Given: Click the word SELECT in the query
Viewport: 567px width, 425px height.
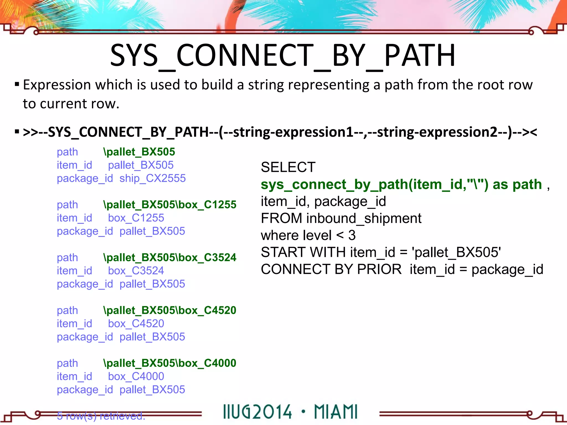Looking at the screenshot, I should click(x=288, y=167).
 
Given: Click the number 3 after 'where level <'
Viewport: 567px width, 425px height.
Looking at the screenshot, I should click(x=352, y=235).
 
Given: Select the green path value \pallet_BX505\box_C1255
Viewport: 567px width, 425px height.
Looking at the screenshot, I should click(x=170, y=204).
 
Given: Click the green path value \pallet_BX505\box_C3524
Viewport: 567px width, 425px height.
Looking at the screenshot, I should click(x=170, y=257).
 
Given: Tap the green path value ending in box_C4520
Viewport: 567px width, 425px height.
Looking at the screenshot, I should click(x=170, y=310).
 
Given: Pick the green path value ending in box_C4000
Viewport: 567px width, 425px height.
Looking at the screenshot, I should click(x=170, y=363).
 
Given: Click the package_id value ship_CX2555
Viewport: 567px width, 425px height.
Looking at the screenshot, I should click(x=152, y=178).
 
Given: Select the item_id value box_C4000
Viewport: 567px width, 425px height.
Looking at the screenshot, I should click(x=136, y=376).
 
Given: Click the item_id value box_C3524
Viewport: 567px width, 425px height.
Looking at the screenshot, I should click(x=136, y=271).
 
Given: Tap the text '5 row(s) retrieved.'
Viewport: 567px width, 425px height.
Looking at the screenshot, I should click(x=101, y=416).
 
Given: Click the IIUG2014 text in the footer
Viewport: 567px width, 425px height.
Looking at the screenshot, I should click(x=257, y=412).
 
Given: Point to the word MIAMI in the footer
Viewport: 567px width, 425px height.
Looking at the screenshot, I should click(x=336, y=412).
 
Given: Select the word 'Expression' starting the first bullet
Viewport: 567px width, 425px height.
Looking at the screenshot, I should click(x=57, y=85).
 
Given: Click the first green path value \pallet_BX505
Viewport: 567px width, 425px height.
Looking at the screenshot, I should click(x=139, y=152).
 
